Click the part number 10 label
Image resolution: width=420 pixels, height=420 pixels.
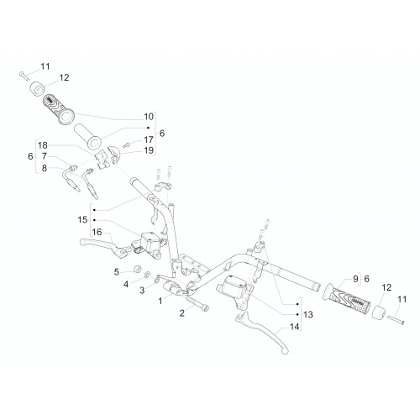(x=149, y=117)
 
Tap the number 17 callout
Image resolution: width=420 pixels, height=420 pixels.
(x=149, y=139)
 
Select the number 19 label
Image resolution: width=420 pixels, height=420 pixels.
(x=149, y=150)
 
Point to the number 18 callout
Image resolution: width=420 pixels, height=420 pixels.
(x=43, y=145)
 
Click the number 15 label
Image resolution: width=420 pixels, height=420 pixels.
(x=82, y=220)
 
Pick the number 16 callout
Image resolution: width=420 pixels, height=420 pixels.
(x=97, y=232)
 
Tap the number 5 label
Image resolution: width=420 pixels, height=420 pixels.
(x=117, y=272)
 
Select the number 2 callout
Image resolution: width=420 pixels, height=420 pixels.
(x=182, y=313)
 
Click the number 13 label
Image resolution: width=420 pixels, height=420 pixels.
(x=308, y=314)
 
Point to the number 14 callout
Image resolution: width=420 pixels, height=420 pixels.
(x=295, y=327)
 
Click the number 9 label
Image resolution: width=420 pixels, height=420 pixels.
(x=355, y=279)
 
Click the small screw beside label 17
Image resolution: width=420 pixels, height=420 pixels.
(x=127, y=144)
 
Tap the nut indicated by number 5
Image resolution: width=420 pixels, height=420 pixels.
(x=138, y=269)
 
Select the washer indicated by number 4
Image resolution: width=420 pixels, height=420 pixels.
(x=147, y=275)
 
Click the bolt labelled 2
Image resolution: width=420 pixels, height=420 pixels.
(x=197, y=304)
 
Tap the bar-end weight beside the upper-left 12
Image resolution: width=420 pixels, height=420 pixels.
(x=37, y=87)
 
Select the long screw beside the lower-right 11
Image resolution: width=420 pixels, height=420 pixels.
(x=396, y=320)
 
